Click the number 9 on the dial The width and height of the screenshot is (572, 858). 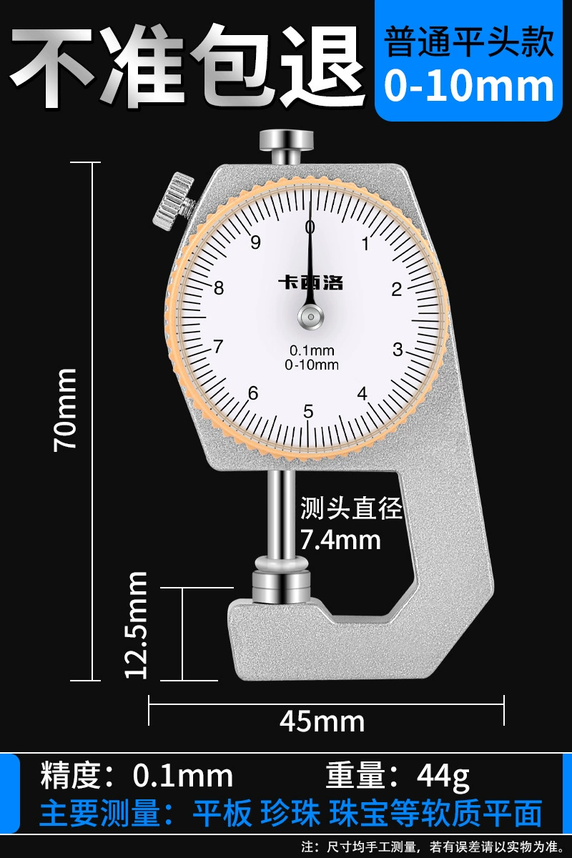click(x=255, y=242)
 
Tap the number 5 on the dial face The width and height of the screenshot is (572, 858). click(x=308, y=411)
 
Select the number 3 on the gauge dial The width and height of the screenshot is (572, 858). click(x=398, y=350)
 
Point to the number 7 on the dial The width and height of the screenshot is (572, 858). click(x=218, y=347)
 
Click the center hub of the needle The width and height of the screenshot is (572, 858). click(x=311, y=317)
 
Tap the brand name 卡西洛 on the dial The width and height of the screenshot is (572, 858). click(x=310, y=282)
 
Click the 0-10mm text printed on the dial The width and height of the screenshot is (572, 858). click(x=312, y=365)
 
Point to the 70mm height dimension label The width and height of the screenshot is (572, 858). click(x=65, y=410)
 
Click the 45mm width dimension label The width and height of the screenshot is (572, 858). click(x=322, y=722)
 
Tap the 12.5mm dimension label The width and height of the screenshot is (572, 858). click(x=136, y=625)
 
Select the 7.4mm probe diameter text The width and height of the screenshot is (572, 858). click(x=340, y=540)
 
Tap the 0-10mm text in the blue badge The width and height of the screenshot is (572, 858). click(x=469, y=87)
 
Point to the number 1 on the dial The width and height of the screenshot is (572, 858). click(x=365, y=244)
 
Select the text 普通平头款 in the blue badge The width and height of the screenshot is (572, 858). click(x=469, y=42)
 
